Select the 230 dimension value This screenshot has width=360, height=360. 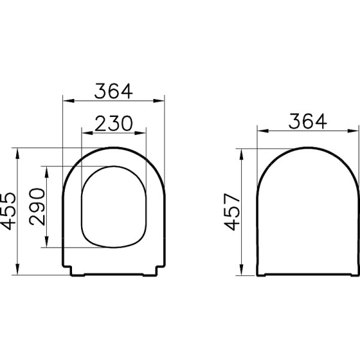113,123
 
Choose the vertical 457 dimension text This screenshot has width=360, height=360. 232,211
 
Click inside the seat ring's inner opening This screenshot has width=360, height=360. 113,206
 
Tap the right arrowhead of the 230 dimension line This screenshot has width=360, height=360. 143,132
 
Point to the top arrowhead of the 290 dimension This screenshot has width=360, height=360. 46,169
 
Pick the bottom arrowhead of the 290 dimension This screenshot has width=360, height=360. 46,244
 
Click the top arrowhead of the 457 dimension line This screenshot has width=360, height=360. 242,150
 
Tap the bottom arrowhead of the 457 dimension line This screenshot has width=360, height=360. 242,274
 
